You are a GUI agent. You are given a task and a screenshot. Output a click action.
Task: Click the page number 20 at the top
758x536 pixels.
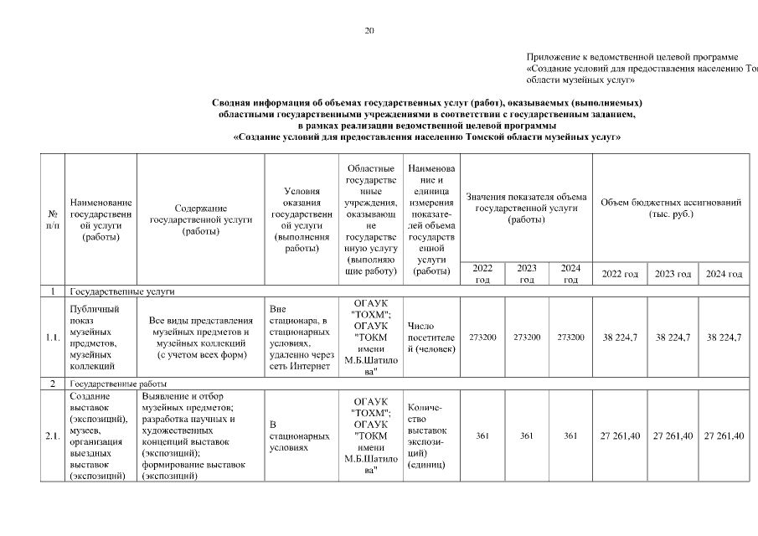[369, 30]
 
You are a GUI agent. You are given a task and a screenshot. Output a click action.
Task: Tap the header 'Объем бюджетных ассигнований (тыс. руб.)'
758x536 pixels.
[671, 208]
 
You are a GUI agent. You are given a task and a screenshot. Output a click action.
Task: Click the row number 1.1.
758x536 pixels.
[53, 338]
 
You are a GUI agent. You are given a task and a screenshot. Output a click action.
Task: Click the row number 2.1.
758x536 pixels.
[53, 435]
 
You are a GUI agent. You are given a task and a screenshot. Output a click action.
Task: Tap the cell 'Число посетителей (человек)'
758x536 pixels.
[431, 338]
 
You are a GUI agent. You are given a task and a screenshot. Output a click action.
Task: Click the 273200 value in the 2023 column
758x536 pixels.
[526, 338]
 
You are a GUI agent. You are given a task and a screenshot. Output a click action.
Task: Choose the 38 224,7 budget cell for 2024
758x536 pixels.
[724, 338]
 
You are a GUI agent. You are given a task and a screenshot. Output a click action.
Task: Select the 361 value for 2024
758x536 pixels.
[570, 435]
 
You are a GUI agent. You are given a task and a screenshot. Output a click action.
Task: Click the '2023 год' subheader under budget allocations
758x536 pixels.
[673, 275]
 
